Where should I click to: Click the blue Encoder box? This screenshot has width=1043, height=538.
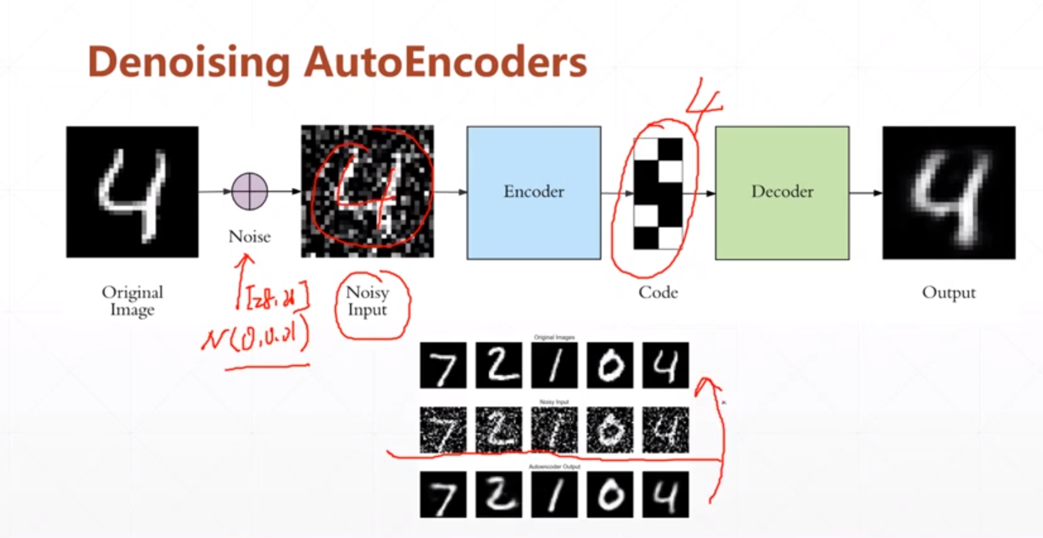533,192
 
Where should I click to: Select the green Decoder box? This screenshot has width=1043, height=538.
781,192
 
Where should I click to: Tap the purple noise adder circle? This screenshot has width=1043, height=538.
250,191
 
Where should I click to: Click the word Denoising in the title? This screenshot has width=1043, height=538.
188,62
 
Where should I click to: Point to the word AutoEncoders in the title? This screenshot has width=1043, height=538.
445,62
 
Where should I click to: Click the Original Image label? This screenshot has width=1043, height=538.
132,301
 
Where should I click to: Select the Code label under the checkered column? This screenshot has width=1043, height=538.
658,292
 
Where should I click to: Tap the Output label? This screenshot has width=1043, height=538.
948,292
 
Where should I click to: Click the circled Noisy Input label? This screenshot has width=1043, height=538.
367,301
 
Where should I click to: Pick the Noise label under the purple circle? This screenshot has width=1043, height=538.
250,236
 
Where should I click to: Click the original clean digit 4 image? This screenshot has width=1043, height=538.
132,192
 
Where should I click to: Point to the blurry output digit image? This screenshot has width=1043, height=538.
948,192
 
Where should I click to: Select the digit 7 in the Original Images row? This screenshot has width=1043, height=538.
443,366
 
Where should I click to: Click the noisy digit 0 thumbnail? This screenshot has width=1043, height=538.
610,430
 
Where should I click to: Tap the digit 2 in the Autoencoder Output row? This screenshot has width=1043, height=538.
498,494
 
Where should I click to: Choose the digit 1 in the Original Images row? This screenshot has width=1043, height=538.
554,366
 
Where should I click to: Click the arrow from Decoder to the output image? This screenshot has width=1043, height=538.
865,192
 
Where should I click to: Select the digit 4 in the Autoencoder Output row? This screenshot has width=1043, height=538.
665,494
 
